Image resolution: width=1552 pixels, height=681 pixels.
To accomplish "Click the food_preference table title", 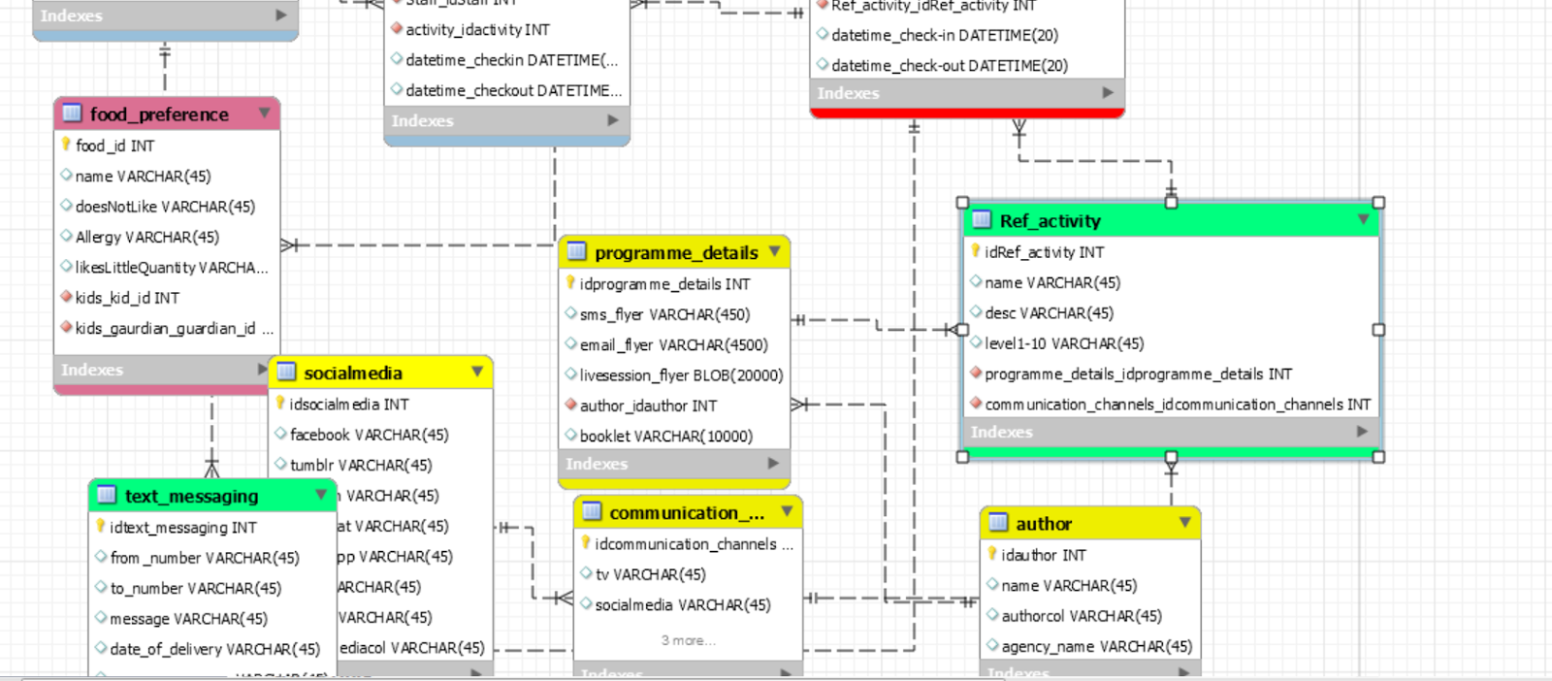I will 159,114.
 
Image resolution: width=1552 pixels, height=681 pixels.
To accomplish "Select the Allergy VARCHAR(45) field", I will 146,237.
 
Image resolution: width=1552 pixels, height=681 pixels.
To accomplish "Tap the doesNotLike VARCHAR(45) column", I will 165,207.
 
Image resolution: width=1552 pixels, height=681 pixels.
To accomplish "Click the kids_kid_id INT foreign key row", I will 127,298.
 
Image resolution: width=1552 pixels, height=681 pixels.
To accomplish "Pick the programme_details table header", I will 676,253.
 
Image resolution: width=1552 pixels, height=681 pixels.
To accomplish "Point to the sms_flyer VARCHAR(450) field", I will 664,314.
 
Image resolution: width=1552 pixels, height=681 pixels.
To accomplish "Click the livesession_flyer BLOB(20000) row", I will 681,375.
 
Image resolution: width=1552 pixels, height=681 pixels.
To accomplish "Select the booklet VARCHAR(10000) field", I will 665,437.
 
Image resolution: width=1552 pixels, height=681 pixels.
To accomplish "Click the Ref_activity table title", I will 1051,221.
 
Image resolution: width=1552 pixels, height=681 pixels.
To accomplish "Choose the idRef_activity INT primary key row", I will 1044,252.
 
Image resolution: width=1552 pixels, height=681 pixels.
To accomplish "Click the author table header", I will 1044,524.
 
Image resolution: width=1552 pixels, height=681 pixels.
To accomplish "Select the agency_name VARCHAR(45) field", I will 1096,646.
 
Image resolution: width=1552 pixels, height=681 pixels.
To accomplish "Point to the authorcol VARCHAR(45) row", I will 1081,616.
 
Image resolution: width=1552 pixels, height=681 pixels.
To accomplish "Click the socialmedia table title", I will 353,373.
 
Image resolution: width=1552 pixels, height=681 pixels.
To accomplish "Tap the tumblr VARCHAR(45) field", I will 361,466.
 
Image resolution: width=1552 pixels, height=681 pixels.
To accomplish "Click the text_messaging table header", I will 192,497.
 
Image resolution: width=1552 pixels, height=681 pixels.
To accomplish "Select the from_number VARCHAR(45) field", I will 205,558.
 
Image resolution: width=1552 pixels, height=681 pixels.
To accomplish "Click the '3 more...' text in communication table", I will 689,640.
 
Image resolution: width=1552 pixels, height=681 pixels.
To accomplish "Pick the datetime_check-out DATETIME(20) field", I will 949,66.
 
